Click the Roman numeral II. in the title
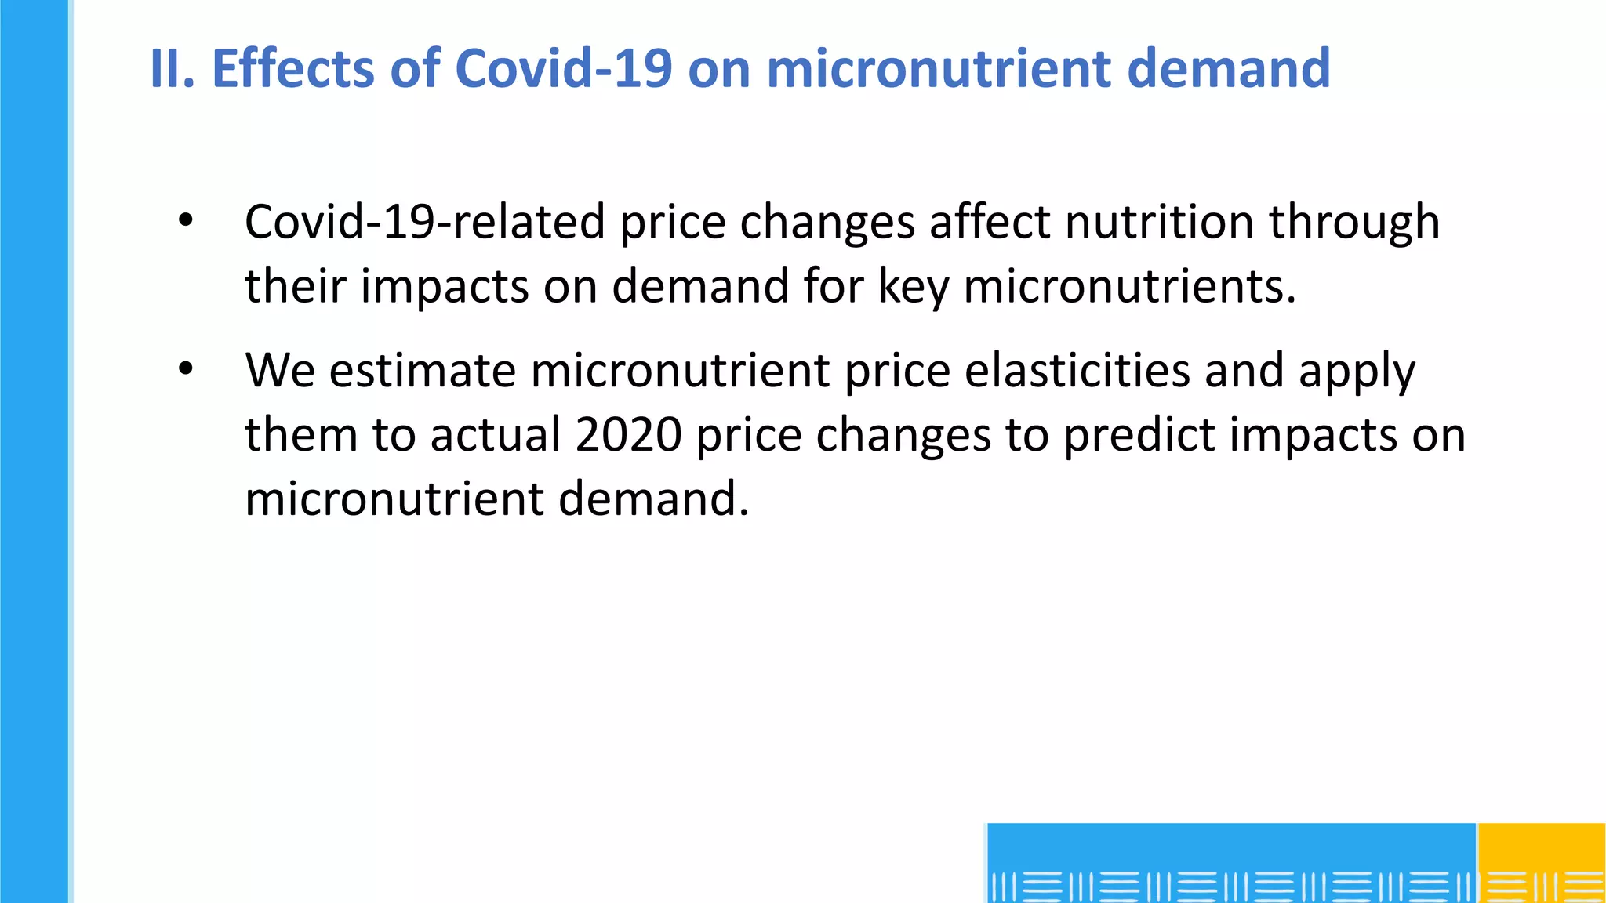tap(172, 68)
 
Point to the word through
tap(1354, 223)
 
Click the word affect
tap(990, 222)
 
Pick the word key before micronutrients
tap(913, 287)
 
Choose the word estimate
tap(422, 371)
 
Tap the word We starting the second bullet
tap(280, 371)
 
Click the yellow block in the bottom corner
tap(1541, 862)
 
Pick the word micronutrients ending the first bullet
tap(1129, 286)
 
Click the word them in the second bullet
tap(301, 435)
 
